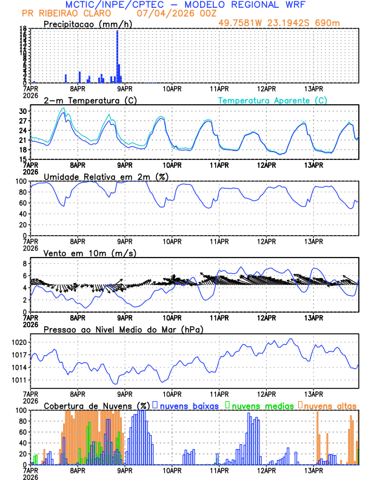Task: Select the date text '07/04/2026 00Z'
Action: click(171, 13)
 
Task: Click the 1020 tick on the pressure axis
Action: click(19, 342)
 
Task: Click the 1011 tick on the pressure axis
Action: click(19, 380)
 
